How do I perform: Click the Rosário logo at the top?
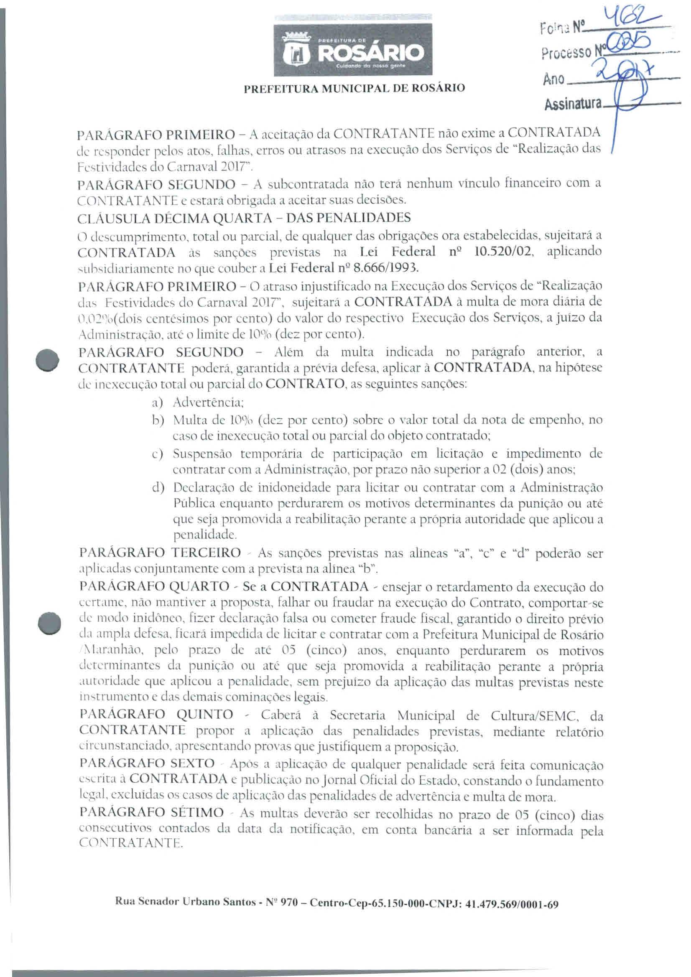[x=353, y=50]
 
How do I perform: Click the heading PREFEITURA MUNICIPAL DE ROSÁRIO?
[x=354, y=89]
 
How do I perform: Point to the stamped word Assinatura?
[x=573, y=103]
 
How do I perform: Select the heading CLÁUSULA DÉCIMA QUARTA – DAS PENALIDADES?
[x=245, y=218]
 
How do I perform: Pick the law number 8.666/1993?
[x=378, y=268]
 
